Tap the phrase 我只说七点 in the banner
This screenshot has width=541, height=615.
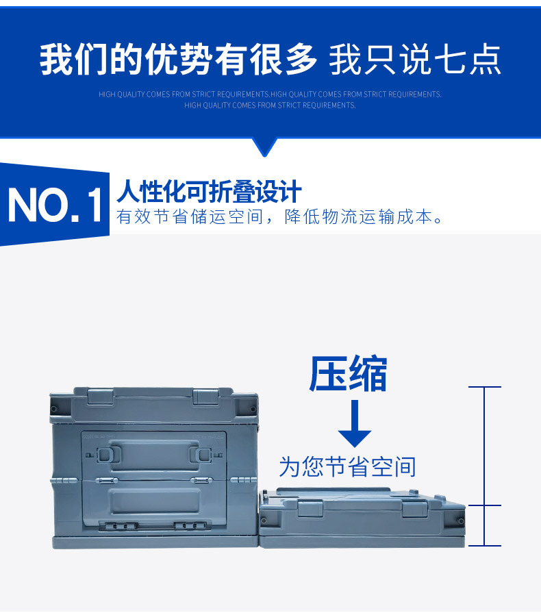click(x=415, y=60)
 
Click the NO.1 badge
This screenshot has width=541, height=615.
click(x=55, y=205)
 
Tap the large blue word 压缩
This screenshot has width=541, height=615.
click(x=348, y=374)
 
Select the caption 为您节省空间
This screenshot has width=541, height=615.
click(x=347, y=467)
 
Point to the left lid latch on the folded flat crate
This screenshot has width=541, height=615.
click(x=309, y=508)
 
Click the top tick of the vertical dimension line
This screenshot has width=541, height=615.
click(x=484, y=387)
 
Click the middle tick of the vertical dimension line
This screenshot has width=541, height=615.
click(x=484, y=505)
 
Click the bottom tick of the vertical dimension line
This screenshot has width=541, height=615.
click(x=484, y=546)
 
